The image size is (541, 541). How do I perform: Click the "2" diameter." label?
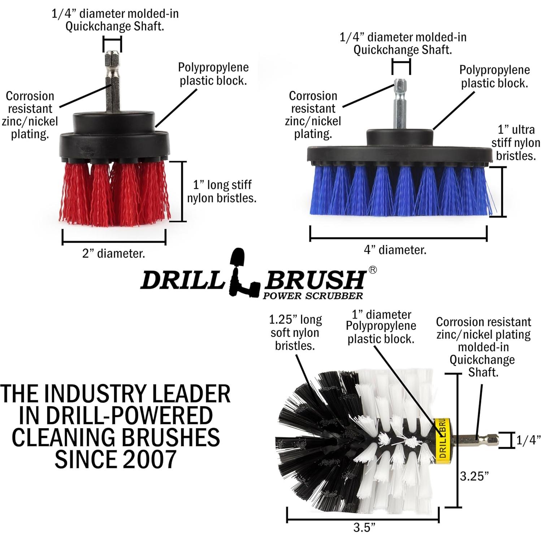113,254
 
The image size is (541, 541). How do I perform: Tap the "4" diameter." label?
395,250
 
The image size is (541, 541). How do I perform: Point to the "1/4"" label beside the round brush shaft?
528,440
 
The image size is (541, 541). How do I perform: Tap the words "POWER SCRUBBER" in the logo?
313,296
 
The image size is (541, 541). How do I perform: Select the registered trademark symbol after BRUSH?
372,270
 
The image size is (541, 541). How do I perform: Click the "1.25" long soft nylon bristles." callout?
295,333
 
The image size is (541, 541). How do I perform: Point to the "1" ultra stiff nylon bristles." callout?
516,143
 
